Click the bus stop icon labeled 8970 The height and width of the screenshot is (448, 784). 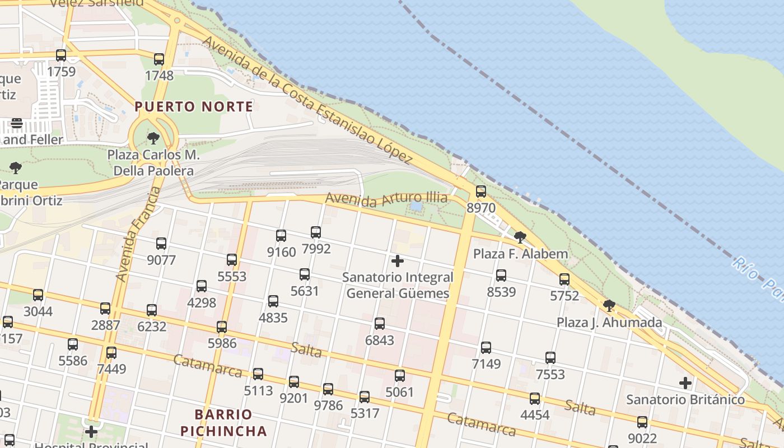coord(481,192)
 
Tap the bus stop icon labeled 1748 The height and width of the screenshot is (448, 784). coord(159,59)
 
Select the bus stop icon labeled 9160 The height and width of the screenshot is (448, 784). coord(281,236)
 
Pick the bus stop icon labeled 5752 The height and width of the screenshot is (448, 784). coord(564,279)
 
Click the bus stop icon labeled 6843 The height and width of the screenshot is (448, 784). coord(380,324)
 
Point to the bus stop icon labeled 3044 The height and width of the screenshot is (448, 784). coord(38,295)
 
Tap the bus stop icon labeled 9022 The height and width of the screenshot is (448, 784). coord(642,422)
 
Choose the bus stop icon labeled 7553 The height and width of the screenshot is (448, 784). coord(550,358)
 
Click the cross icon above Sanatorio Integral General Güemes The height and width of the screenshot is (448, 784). coord(398,261)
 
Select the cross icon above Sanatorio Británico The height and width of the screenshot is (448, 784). coord(685,384)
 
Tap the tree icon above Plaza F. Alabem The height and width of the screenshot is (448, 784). coord(520,237)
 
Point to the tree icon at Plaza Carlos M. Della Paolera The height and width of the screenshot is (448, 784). coord(153,138)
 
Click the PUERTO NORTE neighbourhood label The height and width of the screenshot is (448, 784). coord(194,106)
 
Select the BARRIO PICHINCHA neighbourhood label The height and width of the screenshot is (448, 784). coord(231,423)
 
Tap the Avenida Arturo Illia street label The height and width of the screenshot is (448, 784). coord(386,199)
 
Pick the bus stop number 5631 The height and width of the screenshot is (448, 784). coord(305,291)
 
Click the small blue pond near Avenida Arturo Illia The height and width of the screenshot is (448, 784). coord(416,206)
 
